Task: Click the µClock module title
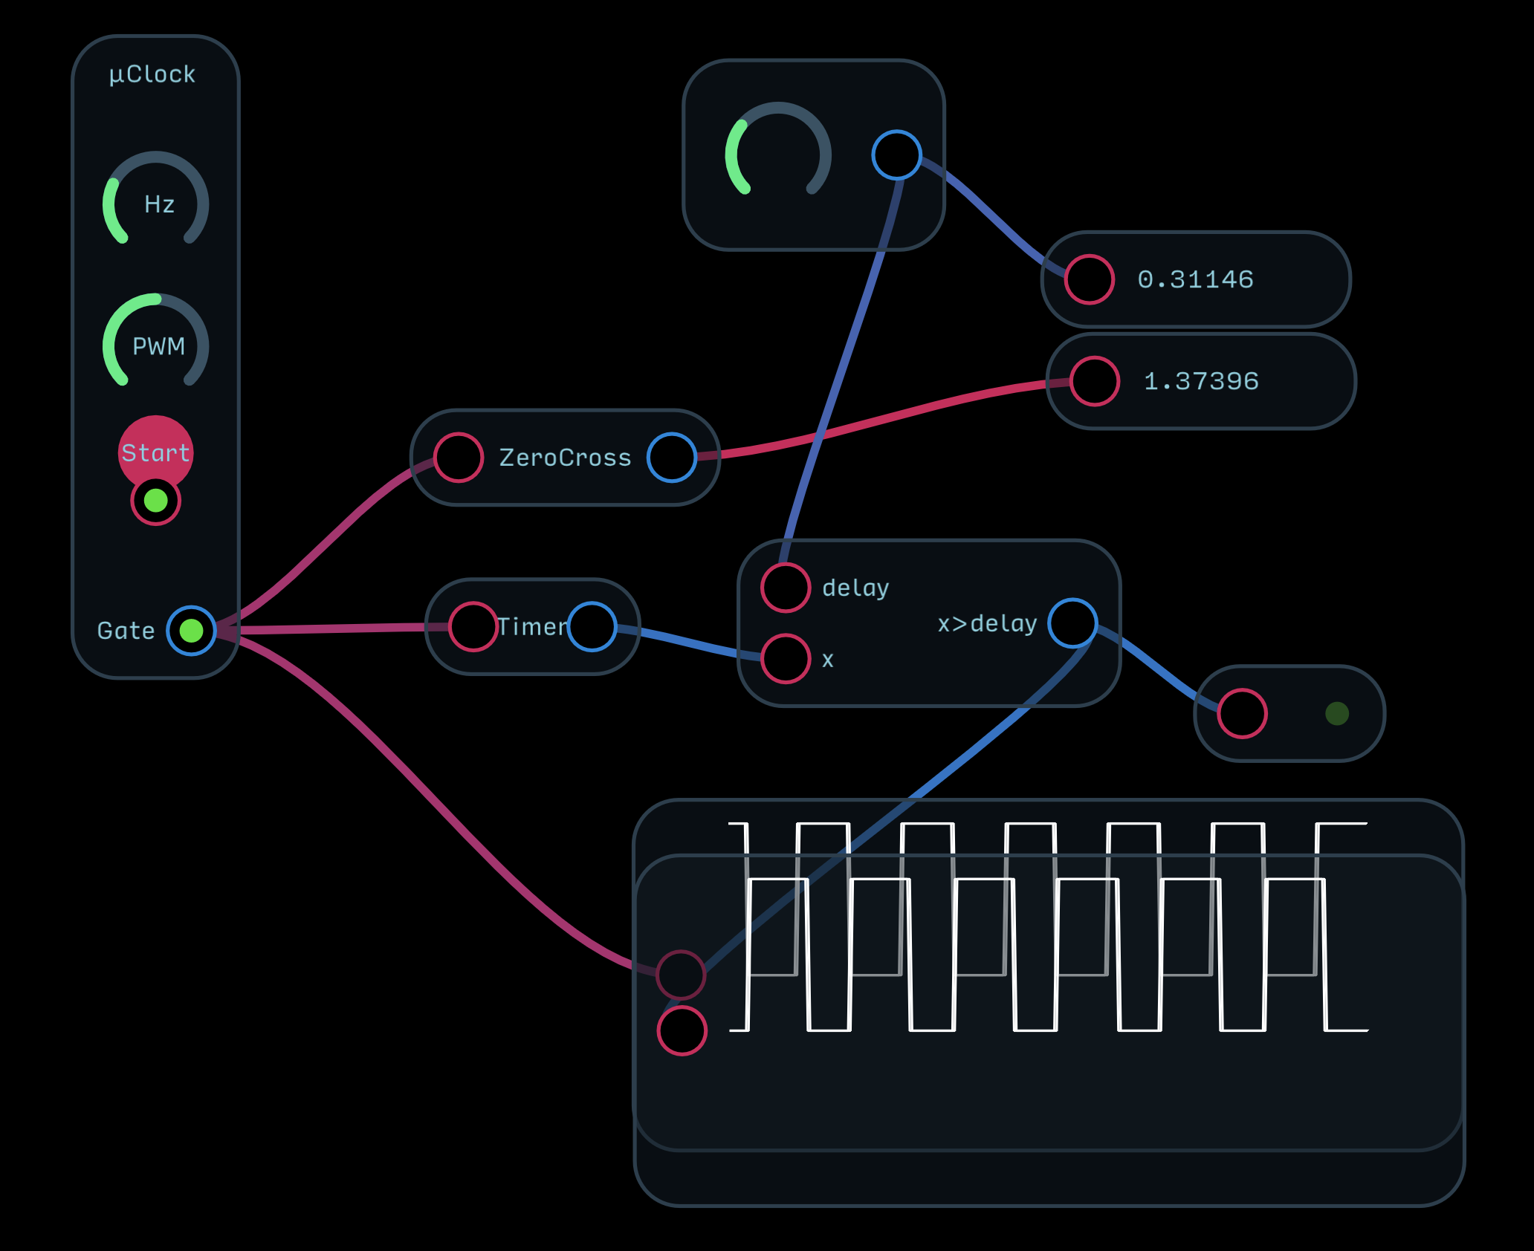coord(152,74)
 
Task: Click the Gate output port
coord(191,631)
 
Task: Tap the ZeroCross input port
coord(459,458)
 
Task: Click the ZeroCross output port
coord(672,458)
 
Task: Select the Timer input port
coord(473,627)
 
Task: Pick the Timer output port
coord(592,627)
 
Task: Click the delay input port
coord(786,588)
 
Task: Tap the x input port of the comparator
coord(786,659)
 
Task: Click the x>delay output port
coord(1072,623)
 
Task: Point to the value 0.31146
coord(1196,279)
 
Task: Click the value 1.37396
coord(1201,381)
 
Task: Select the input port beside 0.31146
coord(1090,279)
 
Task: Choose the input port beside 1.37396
coord(1095,381)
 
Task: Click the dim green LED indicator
coord(1337,714)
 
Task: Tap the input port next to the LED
coord(1242,714)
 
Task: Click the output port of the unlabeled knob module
coord(897,155)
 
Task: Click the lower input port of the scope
coord(682,1031)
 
